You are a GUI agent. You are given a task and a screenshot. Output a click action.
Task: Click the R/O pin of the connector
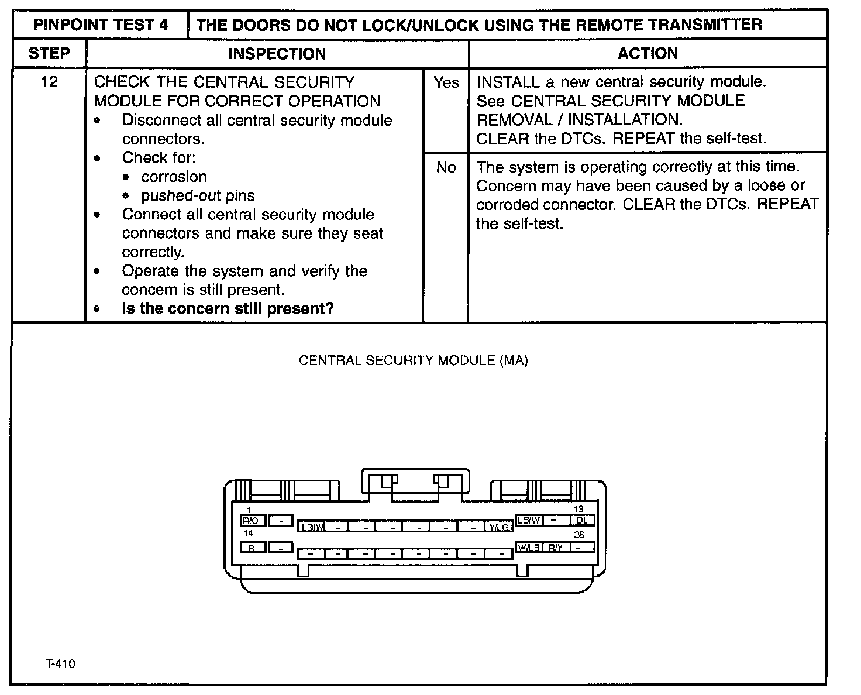[x=253, y=520]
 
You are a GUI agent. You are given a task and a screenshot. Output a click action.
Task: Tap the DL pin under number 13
[x=582, y=519]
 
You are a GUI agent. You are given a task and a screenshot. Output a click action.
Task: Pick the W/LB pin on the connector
[x=529, y=548]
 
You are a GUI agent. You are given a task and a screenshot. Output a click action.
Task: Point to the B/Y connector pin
[x=556, y=548]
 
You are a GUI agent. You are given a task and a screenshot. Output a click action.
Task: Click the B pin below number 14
[x=252, y=548]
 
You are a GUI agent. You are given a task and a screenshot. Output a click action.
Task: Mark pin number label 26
[x=578, y=535]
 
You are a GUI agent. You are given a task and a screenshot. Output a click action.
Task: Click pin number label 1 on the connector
[x=249, y=510]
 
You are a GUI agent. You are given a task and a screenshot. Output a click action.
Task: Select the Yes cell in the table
[x=446, y=83]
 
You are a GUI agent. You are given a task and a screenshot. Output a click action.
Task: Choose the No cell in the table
[x=446, y=167]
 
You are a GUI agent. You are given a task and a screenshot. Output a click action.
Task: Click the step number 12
[x=50, y=82]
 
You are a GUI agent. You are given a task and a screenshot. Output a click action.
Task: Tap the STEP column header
[x=49, y=54]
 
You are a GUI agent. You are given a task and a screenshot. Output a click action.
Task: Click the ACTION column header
[x=648, y=54]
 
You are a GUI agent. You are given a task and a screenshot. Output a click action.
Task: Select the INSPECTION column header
[x=277, y=54]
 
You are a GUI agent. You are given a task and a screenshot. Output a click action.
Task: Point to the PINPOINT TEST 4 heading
[x=101, y=25]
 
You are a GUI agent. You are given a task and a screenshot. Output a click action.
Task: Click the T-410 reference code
[x=60, y=664]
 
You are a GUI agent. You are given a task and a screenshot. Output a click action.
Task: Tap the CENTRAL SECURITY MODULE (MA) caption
[x=413, y=360]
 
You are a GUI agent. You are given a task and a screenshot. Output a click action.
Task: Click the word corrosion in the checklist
[x=174, y=177]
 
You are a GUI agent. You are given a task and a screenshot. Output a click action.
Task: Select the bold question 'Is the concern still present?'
[x=228, y=308]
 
